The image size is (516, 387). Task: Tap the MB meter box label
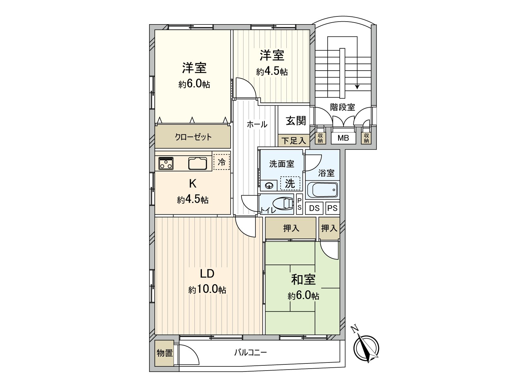343,138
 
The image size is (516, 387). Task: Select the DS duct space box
314,208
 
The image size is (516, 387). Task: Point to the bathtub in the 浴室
322,190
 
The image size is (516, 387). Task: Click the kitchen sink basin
197,163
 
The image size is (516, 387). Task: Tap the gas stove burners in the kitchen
166,163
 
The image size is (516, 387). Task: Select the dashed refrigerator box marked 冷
222,162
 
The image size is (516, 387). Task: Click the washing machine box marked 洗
290,184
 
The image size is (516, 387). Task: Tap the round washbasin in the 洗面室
269,185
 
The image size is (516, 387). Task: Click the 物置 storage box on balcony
164,353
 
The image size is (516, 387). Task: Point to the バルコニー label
251,352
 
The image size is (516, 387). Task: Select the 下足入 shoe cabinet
293,141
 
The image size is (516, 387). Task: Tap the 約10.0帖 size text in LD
207,289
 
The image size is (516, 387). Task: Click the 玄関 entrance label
295,121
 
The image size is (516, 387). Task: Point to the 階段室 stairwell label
342,107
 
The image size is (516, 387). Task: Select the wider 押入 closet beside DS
291,228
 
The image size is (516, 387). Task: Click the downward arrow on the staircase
357,86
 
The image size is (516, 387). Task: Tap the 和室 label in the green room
303,280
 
